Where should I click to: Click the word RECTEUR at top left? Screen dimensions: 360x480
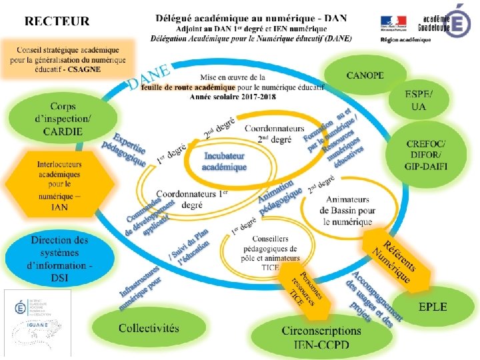point(57,21)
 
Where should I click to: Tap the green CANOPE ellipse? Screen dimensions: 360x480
point(365,75)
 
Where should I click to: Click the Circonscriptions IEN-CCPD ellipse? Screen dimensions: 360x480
point(321,337)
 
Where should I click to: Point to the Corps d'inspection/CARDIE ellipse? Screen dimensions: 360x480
point(57,120)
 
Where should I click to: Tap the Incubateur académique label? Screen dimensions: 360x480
point(225,161)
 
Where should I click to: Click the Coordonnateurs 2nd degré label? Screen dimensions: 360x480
point(275,133)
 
